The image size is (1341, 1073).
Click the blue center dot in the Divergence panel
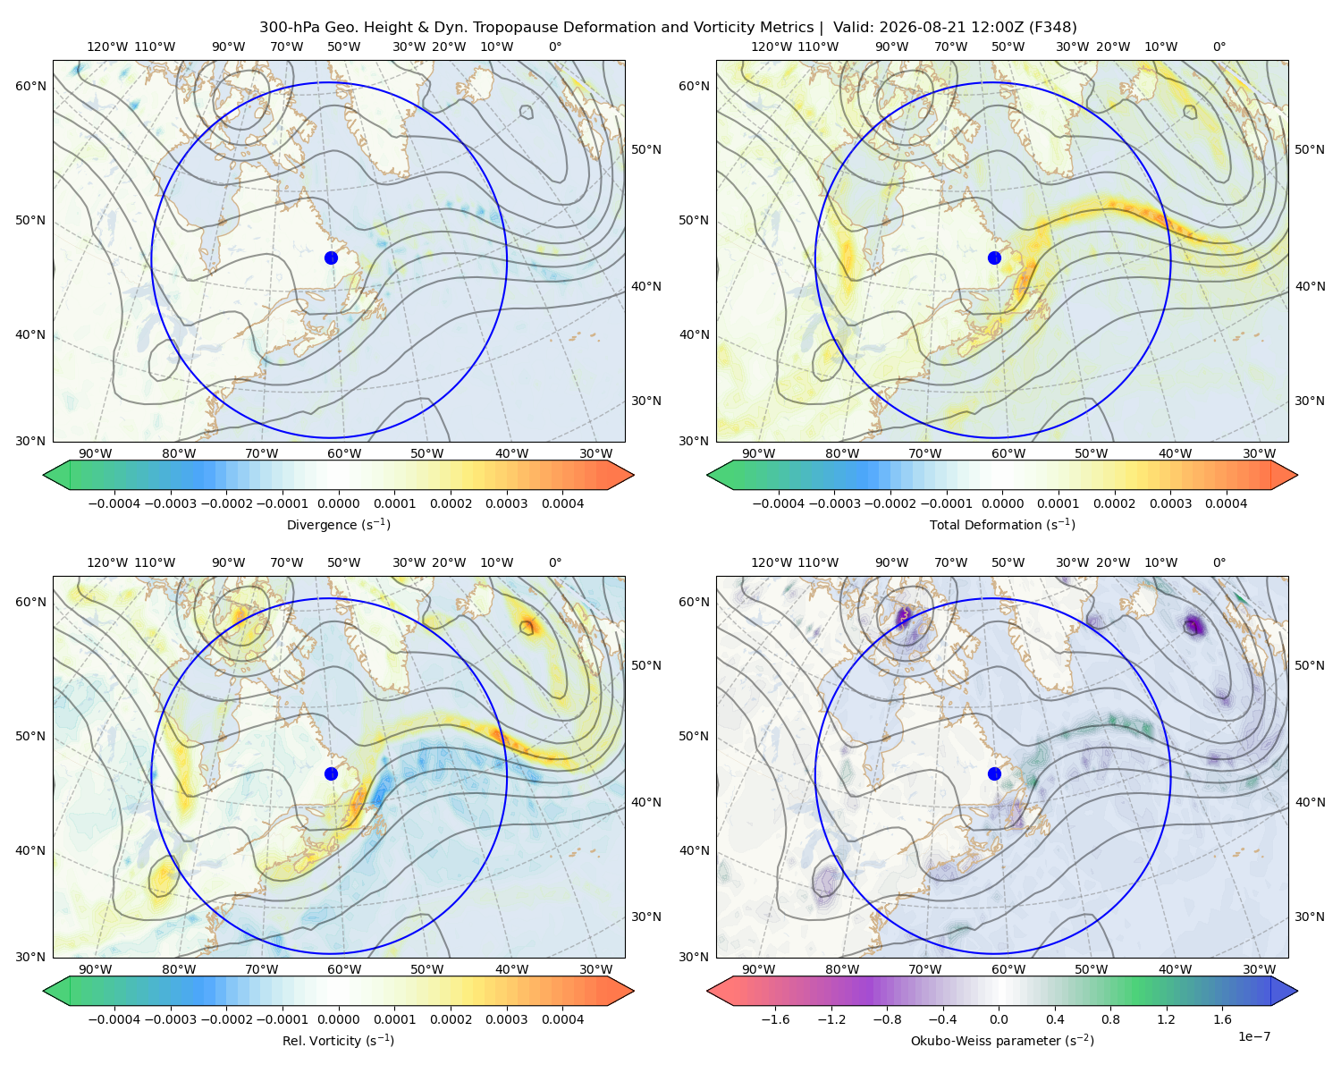tap(331, 258)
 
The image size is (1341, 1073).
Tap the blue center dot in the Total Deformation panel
tap(994, 258)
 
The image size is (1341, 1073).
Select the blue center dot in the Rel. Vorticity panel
tap(331, 773)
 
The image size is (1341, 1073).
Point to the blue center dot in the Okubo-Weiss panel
tap(994, 773)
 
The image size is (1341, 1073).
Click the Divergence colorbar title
tap(338, 524)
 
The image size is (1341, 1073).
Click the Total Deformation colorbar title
tap(1002, 524)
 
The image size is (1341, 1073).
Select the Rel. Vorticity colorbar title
tap(338, 1041)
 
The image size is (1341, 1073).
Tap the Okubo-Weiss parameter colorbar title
tap(1002, 1041)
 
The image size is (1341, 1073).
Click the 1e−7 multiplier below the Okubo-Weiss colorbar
tap(1253, 1036)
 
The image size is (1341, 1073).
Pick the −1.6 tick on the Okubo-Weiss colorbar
tap(775, 1019)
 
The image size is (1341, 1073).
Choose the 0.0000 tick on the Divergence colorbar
tap(338, 503)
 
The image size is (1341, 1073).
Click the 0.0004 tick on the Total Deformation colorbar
tap(1226, 503)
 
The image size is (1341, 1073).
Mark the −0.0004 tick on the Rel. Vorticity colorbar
tap(114, 1019)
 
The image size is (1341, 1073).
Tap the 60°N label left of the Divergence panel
tap(30, 86)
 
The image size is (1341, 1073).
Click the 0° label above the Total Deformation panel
tap(1219, 46)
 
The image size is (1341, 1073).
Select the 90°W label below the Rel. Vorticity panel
tap(96, 969)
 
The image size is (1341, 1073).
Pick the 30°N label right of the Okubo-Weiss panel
tap(1310, 917)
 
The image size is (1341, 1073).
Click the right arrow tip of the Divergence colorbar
tap(634, 475)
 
